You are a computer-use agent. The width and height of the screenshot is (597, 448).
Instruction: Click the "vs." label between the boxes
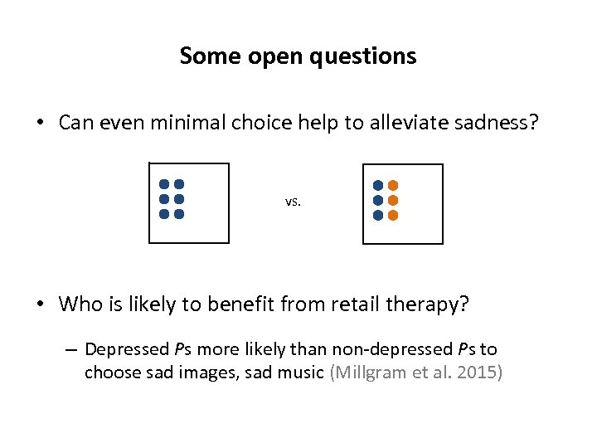[x=293, y=201]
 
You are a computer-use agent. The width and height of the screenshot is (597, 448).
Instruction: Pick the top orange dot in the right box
[x=393, y=185]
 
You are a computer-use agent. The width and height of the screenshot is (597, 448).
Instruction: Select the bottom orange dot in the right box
[x=393, y=215]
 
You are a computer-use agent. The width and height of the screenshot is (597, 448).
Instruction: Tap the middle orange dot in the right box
[x=393, y=200]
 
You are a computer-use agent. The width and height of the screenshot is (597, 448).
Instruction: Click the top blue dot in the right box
[x=378, y=185]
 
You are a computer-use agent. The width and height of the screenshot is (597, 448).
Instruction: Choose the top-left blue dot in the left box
[x=164, y=184]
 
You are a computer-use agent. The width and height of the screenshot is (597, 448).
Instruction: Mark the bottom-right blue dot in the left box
[x=179, y=214]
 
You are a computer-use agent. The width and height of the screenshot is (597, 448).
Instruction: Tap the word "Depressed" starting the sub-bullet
[x=126, y=349]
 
